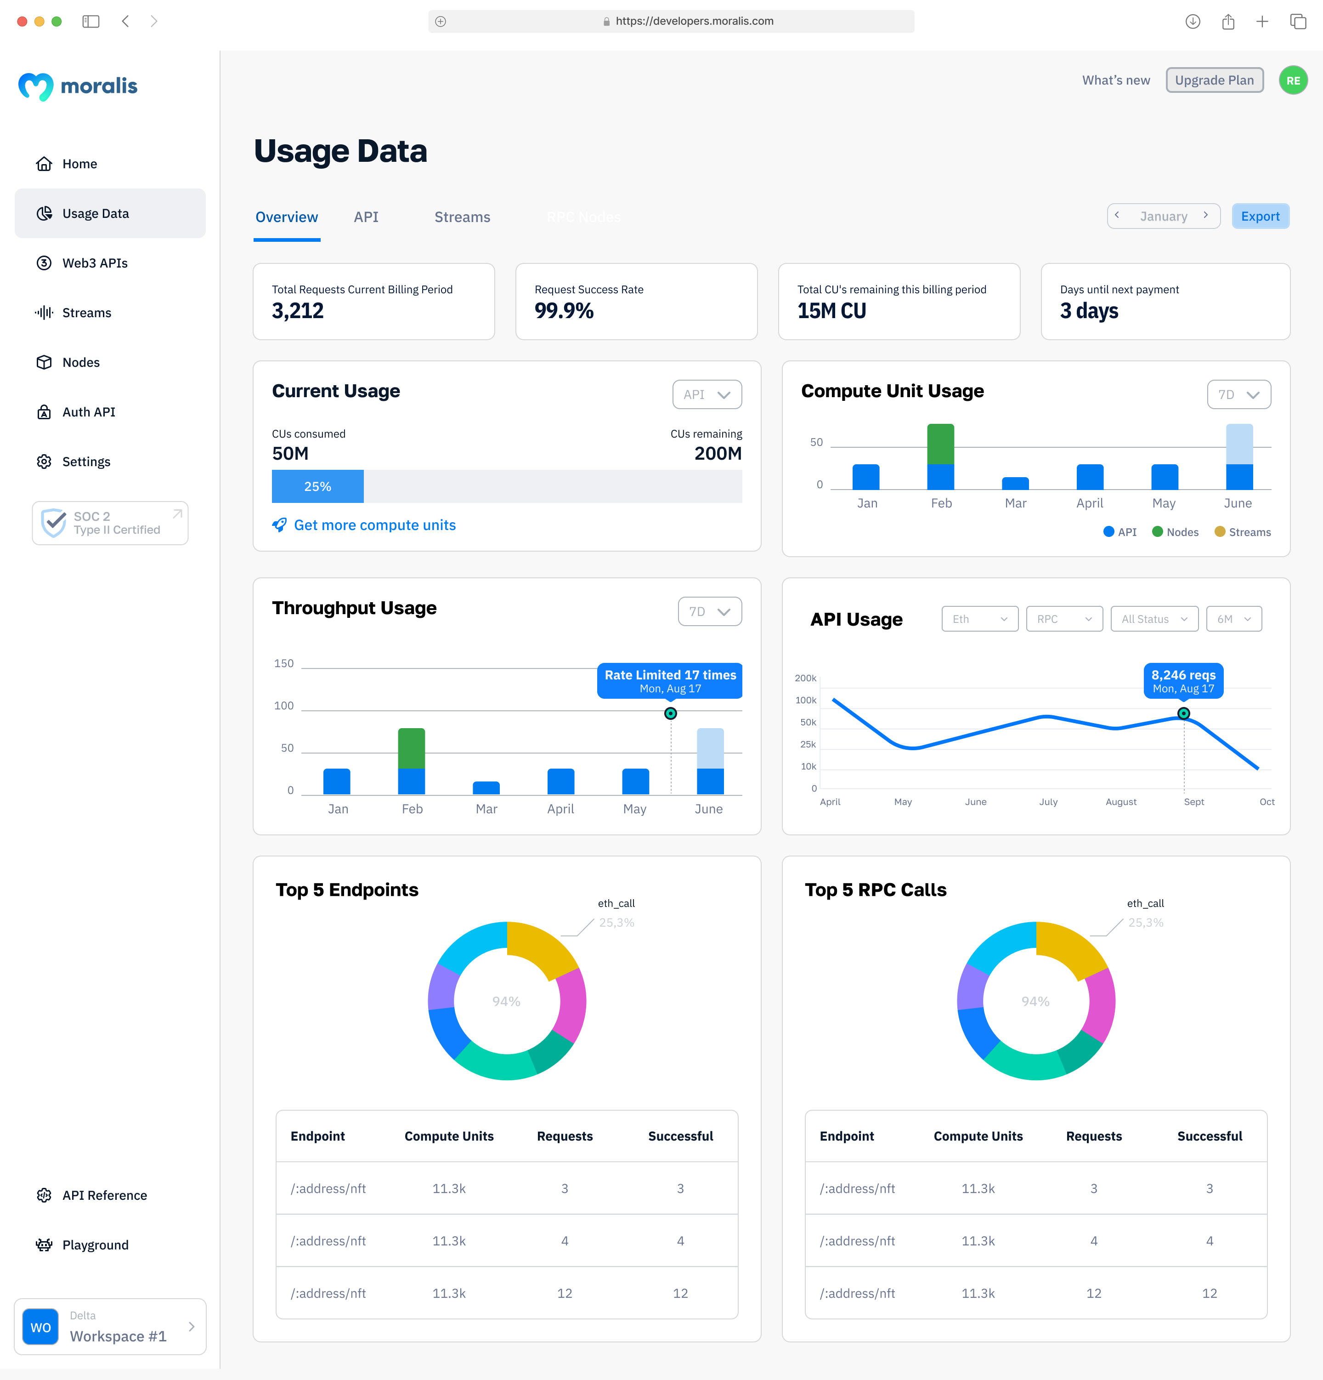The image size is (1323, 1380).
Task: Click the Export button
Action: (1260, 216)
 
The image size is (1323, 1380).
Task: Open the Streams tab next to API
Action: (462, 217)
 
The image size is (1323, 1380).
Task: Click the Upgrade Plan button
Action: (1214, 80)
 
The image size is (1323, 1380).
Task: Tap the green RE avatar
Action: (1293, 80)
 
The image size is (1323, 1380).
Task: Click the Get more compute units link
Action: (374, 525)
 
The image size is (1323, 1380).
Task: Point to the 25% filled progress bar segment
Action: (317, 486)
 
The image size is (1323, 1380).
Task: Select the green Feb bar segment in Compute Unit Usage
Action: (940, 444)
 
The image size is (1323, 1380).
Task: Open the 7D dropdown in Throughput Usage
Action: (709, 611)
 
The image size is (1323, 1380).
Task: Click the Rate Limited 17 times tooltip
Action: (669, 680)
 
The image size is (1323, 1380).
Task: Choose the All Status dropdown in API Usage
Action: (1153, 619)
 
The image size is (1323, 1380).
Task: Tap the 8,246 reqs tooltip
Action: (1183, 680)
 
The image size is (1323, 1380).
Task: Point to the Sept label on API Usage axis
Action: (1193, 802)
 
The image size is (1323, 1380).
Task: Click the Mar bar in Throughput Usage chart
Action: (486, 788)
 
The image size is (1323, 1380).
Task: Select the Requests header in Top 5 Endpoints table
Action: (565, 1136)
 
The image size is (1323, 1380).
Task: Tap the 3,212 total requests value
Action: (298, 310)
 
